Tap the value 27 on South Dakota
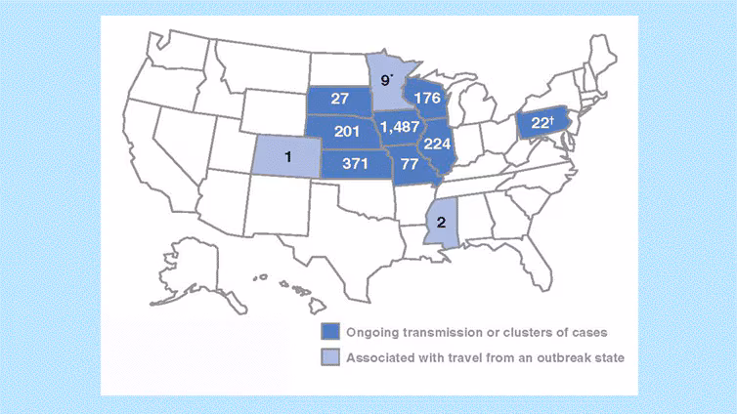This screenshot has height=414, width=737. (340, 100)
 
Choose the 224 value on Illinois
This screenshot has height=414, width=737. (438, 143)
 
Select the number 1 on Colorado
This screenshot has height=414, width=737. (286, 157)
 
